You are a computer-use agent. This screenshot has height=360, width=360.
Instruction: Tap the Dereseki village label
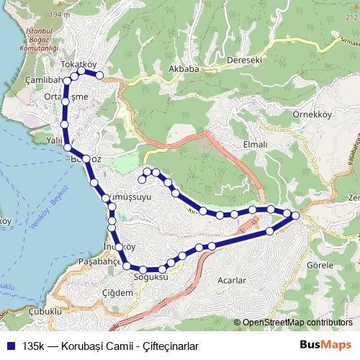243,60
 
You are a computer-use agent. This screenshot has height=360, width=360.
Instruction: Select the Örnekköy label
311,114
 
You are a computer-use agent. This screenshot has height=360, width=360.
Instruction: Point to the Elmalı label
256,144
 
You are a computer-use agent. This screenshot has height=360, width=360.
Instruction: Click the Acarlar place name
231,279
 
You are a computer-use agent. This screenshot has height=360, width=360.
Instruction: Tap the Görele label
320,266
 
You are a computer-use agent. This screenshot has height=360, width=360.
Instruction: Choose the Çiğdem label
118,292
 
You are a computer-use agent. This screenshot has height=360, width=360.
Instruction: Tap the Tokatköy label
78,65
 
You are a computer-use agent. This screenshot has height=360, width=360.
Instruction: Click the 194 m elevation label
61,14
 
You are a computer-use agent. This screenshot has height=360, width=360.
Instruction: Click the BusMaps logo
325,345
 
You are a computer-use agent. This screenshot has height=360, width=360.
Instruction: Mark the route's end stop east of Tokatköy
100,75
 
